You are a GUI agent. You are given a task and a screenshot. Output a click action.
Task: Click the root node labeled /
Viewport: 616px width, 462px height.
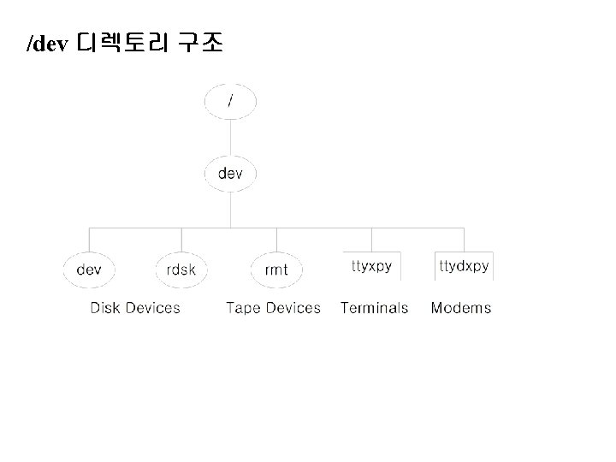click(230, 101)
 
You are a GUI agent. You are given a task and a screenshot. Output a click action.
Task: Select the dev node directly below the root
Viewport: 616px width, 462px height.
click(230, 174)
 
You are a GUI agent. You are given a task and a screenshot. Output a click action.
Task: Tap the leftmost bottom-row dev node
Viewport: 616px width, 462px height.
click(89, 269)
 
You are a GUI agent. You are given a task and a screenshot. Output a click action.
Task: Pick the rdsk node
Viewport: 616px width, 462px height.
click(181, 269)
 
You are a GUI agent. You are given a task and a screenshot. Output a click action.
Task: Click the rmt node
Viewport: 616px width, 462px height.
click(276, 269)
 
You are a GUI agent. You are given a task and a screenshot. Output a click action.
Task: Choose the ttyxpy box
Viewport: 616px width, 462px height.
click(371, 266)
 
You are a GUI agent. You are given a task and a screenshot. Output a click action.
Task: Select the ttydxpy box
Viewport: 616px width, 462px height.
click(464, 266)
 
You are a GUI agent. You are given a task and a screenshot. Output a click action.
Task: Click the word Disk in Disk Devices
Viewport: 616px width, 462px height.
click(105, 308)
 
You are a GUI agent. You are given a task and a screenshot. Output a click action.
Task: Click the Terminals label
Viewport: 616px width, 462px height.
click(374, 308)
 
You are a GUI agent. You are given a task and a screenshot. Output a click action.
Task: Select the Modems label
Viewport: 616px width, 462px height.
click(461, 308)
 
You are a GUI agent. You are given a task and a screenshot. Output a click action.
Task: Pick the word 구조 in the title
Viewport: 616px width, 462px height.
click(200, 44)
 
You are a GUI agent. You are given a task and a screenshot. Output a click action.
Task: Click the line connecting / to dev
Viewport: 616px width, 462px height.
click(230, 137)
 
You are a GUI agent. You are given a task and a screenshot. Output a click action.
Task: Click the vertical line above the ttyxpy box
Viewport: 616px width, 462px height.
click(371, 239)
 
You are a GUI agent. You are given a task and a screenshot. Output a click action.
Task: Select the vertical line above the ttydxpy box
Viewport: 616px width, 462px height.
click(464, 239)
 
